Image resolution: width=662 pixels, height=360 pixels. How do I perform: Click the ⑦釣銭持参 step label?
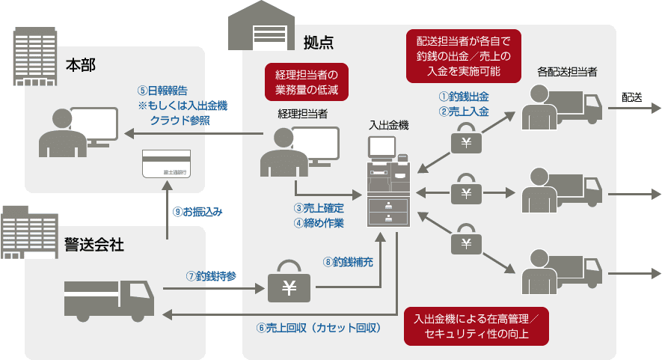(x=211, y=275)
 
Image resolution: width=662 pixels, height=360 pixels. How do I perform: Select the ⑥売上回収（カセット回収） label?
(x=319, y=328)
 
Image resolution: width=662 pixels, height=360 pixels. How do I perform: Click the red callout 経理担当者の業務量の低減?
(x=307, y=82)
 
